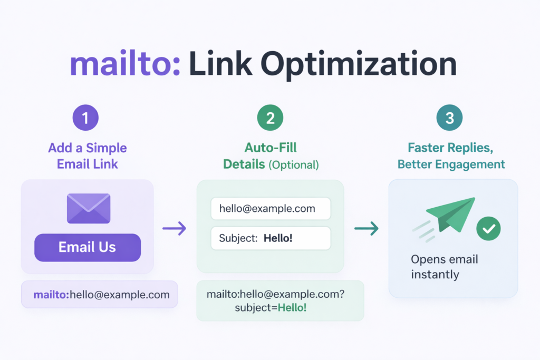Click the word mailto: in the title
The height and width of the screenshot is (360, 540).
(x=124, y=64)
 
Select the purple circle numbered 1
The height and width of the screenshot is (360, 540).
(x=86, y=118)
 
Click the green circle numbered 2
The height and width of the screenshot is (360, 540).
(x=271, y=118)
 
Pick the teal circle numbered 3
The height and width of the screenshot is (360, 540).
(x=449, y=118)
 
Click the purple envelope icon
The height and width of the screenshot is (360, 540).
(x=89, y=208)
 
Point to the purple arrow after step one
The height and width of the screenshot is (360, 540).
(x=174, y=228)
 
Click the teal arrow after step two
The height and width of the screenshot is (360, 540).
(x=367, y=228)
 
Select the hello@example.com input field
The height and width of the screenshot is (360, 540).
(x=271, y=209)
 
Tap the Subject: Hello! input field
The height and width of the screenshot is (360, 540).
(x=271, y=238)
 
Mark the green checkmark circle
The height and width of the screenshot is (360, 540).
(x=488, y=228)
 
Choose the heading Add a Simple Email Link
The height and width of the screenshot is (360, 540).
(x=88, y=156)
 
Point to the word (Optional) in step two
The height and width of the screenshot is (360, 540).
(x=294, y=164)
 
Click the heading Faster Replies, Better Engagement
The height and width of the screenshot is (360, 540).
(x=451, y=156)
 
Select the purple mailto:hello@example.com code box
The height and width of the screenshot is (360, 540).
(x=100, y=294)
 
